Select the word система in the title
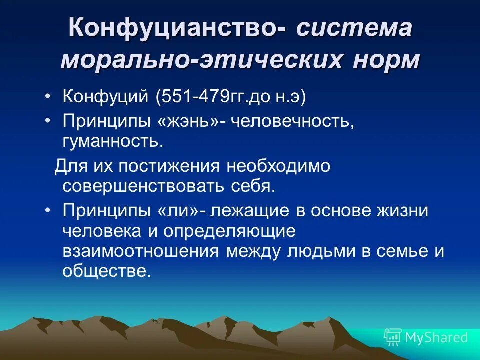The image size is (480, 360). [354, 27]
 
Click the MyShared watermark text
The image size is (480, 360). [436, 337]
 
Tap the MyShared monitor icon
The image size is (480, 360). [393, 337]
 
